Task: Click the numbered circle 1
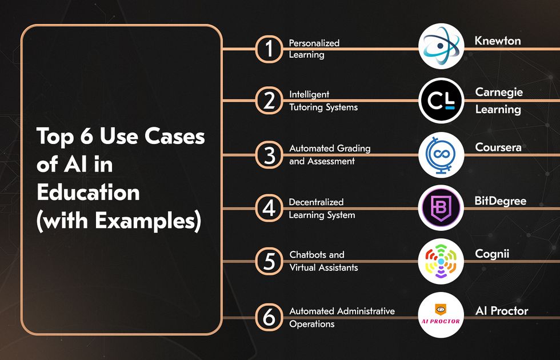[x=269, y=49]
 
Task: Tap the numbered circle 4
[x=269, y=208]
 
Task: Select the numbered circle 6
[x=269, y=317]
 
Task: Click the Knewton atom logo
[x=441, y=46]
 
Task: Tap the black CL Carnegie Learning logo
[x=441, y=101]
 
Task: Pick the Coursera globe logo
[x=441, y=155]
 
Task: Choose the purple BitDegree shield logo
[x=441, y=207]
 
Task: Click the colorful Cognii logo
[x=441, y=261]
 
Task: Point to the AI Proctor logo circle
[x=441, y=315]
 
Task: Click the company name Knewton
[x=498, y=41]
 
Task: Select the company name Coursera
[x=498, y=147]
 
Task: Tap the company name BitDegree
[x=501, y=201]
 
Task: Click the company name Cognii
[x=492, y=254]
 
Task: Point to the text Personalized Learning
[x=314, y=49]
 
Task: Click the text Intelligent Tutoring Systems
[x=323, y=101]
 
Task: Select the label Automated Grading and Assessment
[x=330, y=155]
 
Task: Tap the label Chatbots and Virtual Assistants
[x=323, y=261]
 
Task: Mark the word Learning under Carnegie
[x=498, y=110]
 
